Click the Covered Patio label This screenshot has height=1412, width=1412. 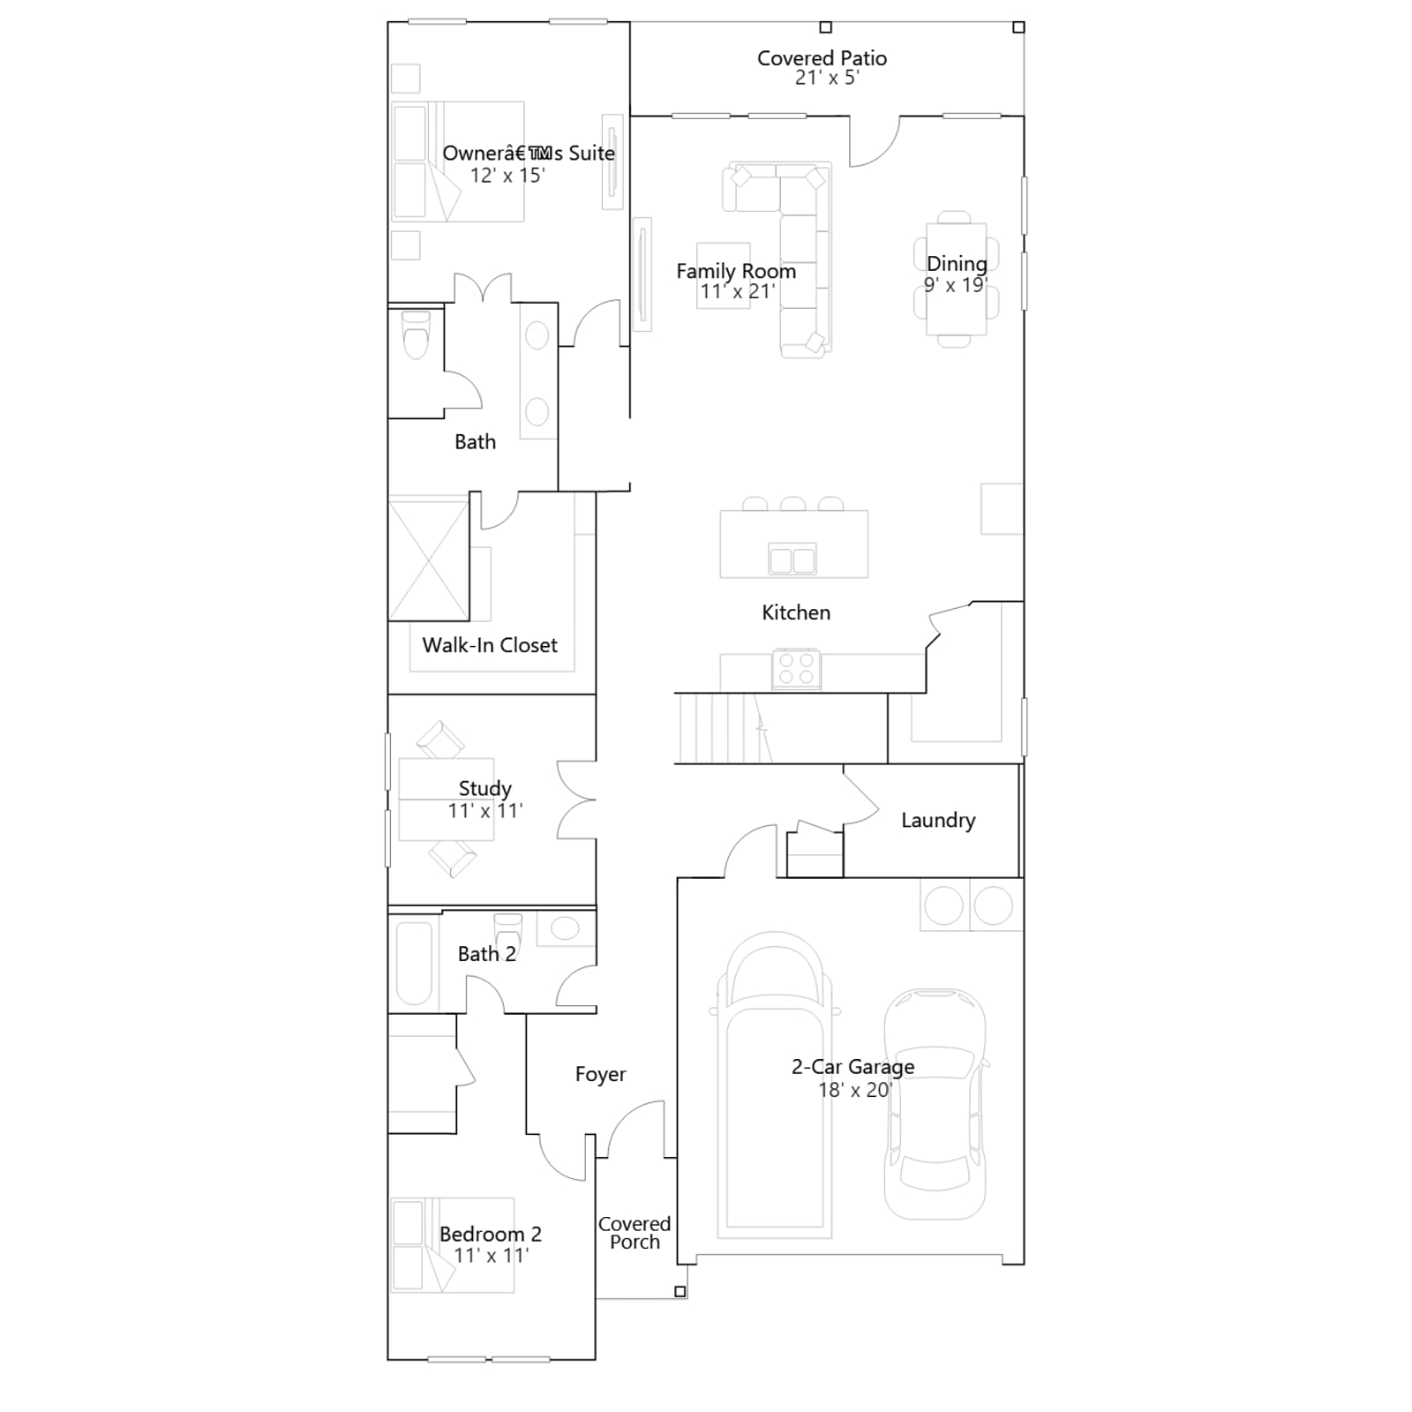[822, 58]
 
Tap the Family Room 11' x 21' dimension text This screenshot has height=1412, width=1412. [738, 292]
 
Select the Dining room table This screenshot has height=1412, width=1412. [956, 279]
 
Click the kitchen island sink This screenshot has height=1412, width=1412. [792, 559]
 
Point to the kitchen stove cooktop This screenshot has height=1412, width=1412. [796, 669]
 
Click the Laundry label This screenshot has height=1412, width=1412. [938, 821]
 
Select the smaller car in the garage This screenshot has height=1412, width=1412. [935, 1104]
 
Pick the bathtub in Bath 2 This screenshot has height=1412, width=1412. [414, 964]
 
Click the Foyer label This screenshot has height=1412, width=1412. [600, 1074]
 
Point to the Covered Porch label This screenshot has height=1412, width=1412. [635, 1233]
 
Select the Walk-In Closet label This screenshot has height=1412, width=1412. [490, 645]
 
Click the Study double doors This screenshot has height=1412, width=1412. [577, 800]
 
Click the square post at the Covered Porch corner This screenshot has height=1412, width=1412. [680, 1291]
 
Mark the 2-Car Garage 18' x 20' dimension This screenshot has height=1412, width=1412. [855, 1090]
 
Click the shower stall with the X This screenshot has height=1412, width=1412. [429, 560]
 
